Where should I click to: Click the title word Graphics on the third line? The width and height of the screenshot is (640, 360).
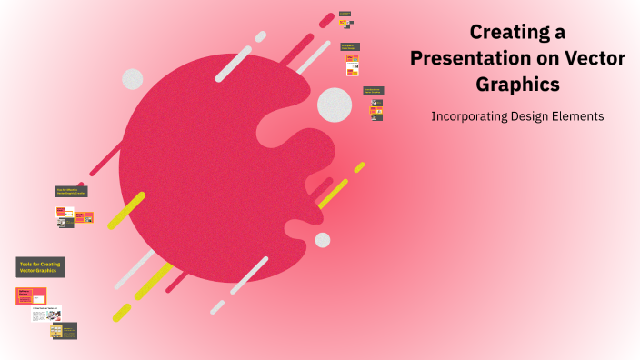click(517, 84)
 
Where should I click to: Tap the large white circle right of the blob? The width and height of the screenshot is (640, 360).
click(335, 105)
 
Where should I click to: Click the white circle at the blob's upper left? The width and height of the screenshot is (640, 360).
click(133, 79)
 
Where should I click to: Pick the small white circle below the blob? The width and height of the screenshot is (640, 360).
click(323, 240)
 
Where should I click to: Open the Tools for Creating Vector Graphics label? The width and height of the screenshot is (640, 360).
click(40, 267)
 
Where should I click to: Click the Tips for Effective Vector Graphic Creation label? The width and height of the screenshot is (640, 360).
click(71, 192)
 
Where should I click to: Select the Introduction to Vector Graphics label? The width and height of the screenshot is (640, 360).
click(373, 91)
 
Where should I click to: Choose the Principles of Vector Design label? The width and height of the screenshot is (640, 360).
click(349, 46)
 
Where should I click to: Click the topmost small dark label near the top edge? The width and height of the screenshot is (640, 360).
click(345, 14)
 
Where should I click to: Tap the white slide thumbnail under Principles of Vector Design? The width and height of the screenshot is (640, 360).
click(352, 65)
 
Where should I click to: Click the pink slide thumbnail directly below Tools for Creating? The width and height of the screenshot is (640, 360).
click(31, 295)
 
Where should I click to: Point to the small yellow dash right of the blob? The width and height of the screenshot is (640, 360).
click(359, 167)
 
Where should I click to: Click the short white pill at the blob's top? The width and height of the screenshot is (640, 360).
click(261, 36)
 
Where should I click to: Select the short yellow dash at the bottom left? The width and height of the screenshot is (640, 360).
click(121, 313)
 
